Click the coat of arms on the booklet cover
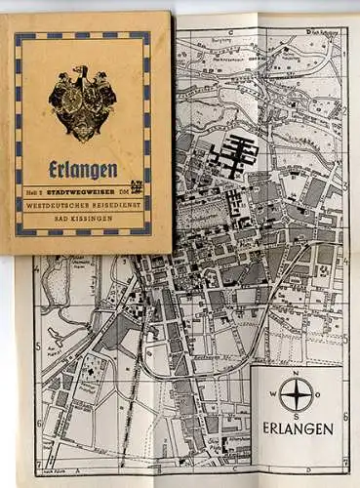83,102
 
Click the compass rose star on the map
296,394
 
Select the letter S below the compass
296,416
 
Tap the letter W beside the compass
274,395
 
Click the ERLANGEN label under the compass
298,429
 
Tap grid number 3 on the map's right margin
346,183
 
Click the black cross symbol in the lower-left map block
92,369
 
